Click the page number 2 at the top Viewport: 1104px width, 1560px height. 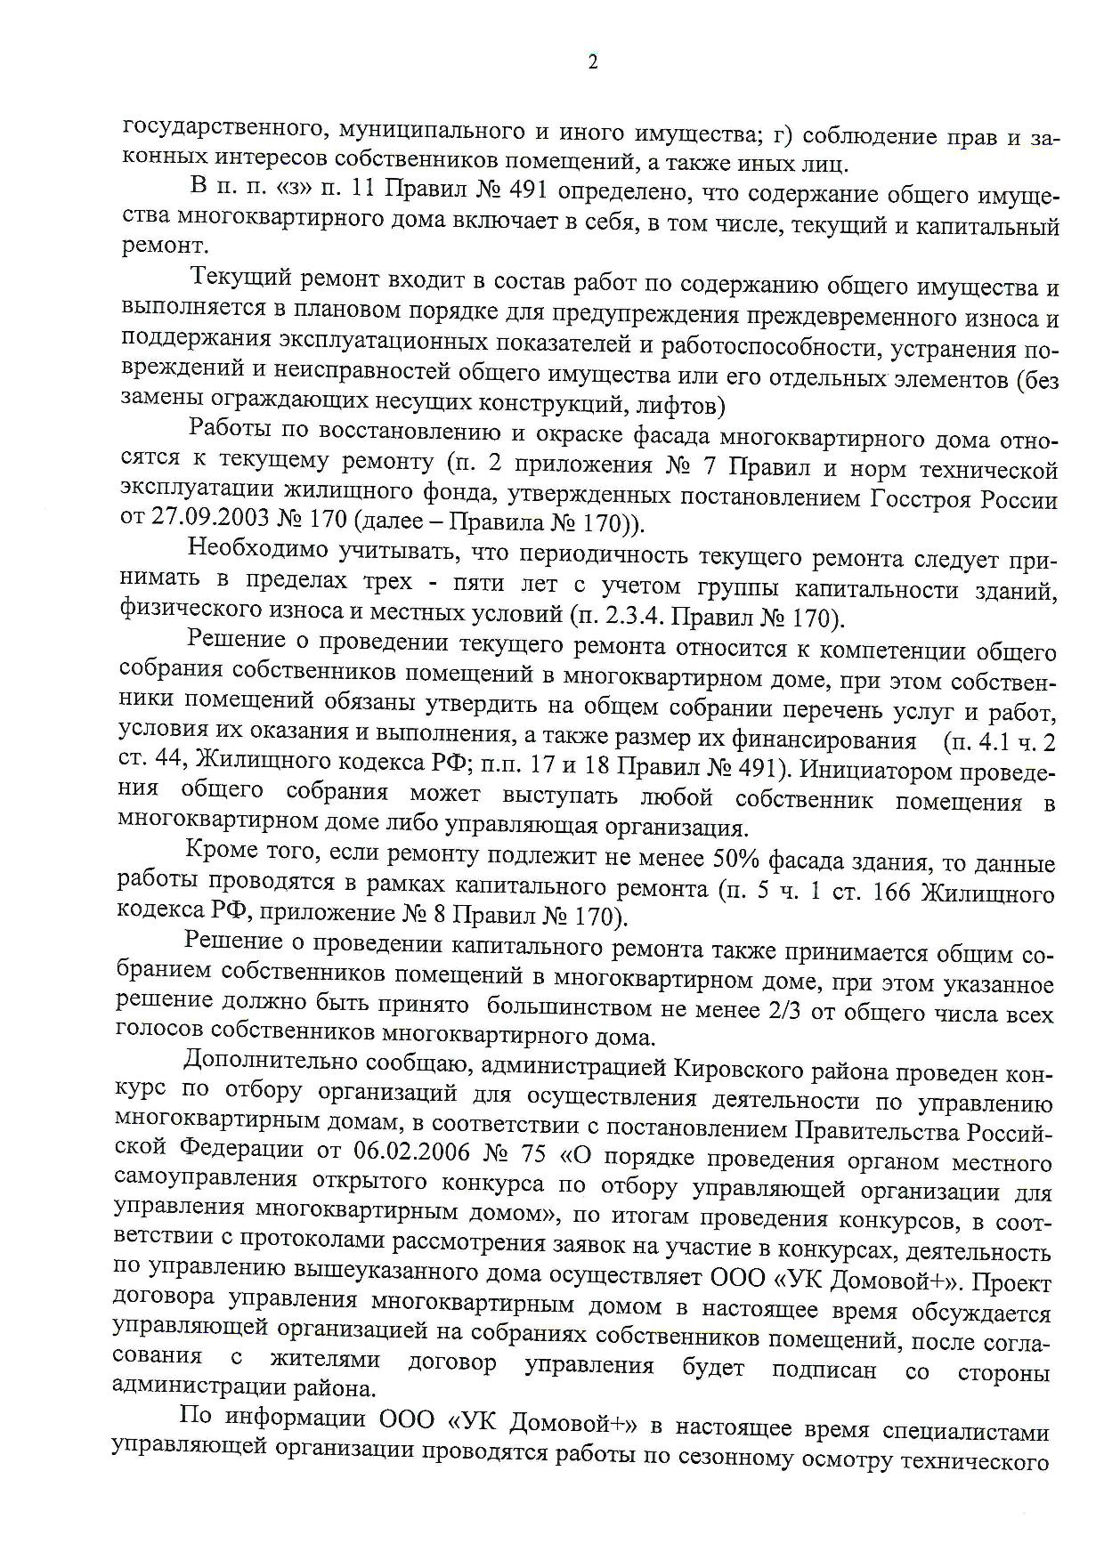(593, 61)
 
